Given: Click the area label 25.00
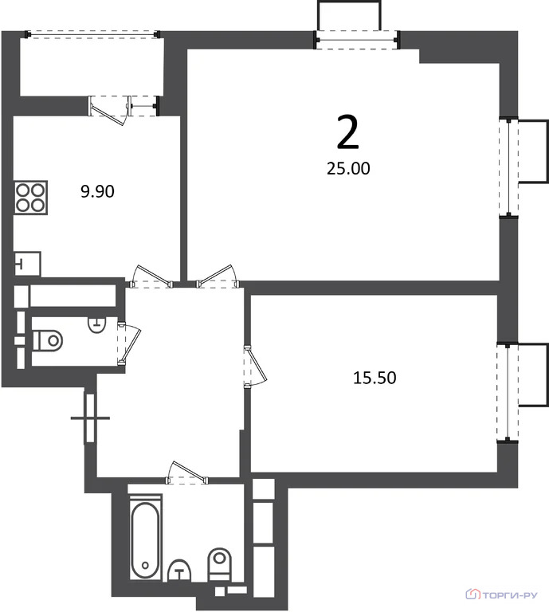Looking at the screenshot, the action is coord(348,169).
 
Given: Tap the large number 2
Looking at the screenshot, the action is coord(347,133).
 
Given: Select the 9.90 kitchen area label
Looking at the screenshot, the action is coord(97,191).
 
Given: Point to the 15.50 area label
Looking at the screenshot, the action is coord(374,378).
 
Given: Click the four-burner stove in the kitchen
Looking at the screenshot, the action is coord(30,198).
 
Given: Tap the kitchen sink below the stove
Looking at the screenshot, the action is coord(27,264).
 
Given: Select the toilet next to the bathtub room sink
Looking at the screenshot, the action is coord(220,564).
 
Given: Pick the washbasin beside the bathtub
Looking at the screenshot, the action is coord(179,571).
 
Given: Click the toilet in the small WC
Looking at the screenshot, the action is coord(48,340).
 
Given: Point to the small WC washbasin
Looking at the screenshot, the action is coord(96,325).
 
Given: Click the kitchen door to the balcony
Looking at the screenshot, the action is coord(109,110).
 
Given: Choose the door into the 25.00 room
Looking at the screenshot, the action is coord(218,277).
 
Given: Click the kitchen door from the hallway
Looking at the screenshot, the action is coord(151,277).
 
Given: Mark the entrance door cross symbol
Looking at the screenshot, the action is coord(90,418).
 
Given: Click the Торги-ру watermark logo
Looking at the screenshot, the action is coord(501,594).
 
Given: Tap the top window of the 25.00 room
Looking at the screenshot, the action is coord(358,40).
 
